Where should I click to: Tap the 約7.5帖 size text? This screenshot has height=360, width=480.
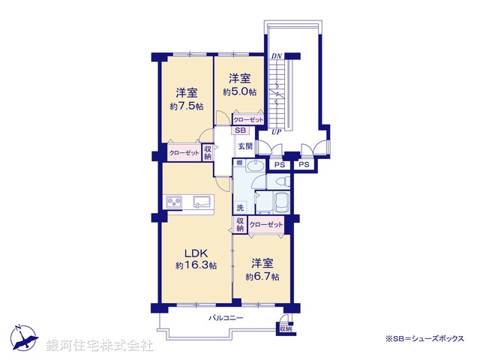[186, 106]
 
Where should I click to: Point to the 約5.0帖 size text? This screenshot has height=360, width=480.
[239, 92]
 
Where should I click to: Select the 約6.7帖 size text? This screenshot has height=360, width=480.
[262, 277]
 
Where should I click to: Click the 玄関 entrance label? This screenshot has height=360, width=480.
[244, 146]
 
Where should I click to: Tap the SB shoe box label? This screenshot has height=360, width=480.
[238, 130]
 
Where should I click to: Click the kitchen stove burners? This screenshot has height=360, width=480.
[175, 202]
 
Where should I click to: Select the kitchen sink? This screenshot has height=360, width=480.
[202, 201]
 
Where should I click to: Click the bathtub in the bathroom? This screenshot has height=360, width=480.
[279, 202]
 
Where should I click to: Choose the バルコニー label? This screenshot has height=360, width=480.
[225, 318]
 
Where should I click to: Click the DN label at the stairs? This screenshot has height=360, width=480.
[276, 56]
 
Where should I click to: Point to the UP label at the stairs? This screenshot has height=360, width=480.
[276, 132]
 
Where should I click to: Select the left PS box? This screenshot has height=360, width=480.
[279, 165]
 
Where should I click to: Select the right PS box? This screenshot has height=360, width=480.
[304, 165]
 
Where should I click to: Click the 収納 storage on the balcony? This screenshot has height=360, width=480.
[284, 329]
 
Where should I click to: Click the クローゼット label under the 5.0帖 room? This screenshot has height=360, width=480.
[247, 120]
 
